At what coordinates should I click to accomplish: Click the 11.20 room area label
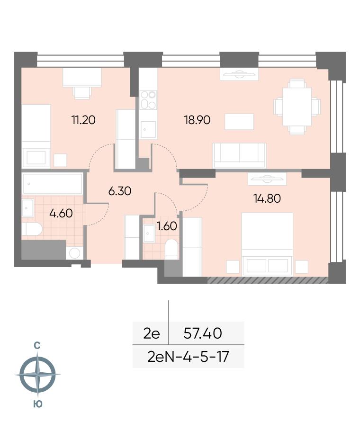pos(83,120)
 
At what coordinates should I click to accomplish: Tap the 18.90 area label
pos(197,120)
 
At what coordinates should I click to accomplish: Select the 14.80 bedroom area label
pos(267,198)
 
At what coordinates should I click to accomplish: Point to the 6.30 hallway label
pos(119,191)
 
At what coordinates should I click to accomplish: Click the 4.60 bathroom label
pos(61,214)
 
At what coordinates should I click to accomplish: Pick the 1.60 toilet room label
pos(167,226)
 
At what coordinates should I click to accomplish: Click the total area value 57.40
pos(202,333)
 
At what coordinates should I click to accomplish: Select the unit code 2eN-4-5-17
pos(188,357)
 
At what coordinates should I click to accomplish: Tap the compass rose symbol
pos(37,374)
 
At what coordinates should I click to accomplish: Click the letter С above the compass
pos(37,346)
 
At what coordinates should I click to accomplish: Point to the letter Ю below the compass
pos(38,404)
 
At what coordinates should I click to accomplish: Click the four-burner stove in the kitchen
pos(148,100)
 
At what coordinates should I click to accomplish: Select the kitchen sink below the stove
pos(148,130)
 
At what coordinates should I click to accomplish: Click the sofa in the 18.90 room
pos(239,155)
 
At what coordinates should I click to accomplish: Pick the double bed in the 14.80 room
pos(267,244)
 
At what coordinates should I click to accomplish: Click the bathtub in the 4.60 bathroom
pos(53,184)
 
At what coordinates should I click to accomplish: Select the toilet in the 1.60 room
pos(171,250)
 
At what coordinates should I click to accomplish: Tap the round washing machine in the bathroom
pos(74,253)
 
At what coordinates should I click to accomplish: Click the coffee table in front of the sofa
pos(239,122)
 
